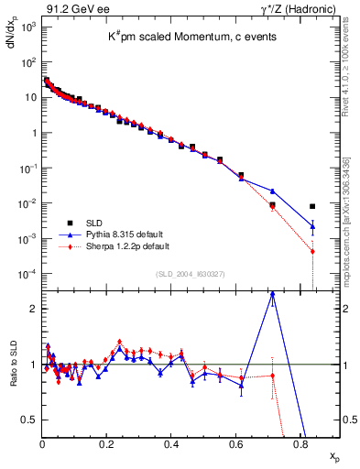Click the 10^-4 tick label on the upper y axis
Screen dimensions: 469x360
(x=28, y=274)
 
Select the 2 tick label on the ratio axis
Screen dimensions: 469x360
(x=33, y=309)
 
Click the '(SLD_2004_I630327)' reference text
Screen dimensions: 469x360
(x=190, y=274)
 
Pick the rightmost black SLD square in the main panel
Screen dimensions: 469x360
(x=312, y=206)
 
